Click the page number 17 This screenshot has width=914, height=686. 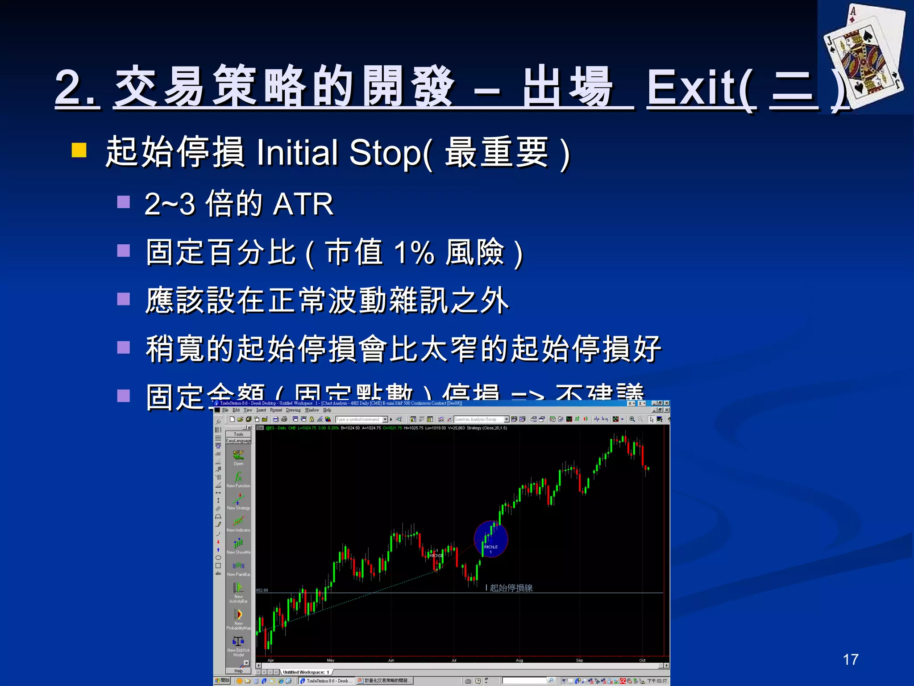pyautogui.click(x=850, y=660)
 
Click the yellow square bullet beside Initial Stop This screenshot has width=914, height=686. pyautogui.click(x=79, y=150)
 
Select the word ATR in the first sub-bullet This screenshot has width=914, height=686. pyautogui.click(x=303, y=204)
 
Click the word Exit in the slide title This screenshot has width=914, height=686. pyautogui.click(x=701, y=88)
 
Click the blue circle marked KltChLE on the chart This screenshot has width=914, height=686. pyautogui.click(x=490, y=539)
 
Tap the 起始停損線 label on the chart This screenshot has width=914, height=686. pyautogui.click(x=511, y=588)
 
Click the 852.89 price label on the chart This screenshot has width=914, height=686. pyautogui.click(x=262, y=590)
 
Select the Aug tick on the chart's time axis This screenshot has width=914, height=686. pyautogui.click(x=519, y=660)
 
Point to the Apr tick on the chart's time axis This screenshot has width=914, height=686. pyautogui.click(x=270, y=660)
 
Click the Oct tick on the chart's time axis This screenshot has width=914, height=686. pyautogui.click(x=642, y=660)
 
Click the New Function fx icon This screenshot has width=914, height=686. pyautogui.click(x=238, y=477)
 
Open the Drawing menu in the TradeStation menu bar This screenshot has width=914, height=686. pyautogui.click(x=293, y=410)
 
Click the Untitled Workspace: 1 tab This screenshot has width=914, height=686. pyautogui.click(x=306, y=672)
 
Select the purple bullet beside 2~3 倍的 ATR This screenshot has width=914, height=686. pyautogui.click(x=123, y=202)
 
